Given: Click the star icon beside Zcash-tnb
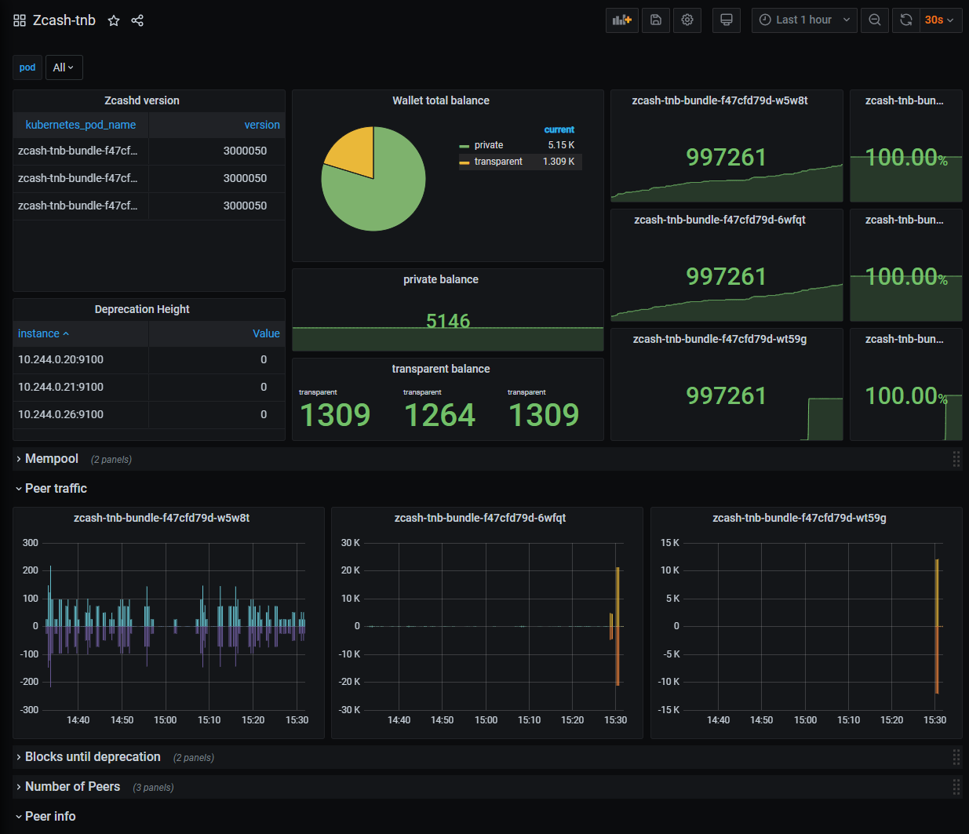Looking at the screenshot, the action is coord(114,20).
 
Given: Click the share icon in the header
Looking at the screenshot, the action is coord(137,20).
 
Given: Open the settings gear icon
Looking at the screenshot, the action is coord(687,20).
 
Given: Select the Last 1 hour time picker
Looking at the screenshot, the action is coord(804,20).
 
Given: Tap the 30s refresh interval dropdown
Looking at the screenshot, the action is coord(939,20).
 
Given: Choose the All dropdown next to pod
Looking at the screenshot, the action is coord(64,67).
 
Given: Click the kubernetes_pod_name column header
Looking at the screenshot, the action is coord(81,126).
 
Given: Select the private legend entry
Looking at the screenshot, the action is coord(489,145).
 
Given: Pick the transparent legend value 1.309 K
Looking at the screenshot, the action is coord(559,162).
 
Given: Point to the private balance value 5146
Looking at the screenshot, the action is coord(448,321).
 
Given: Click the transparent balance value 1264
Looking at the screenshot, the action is coord(439,415).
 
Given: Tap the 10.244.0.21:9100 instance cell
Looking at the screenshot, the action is coord(60,388).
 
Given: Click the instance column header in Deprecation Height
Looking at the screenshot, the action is coord(38,333).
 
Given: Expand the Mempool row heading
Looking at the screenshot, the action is coord(52,459).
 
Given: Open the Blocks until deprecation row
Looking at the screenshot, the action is coord(93,757).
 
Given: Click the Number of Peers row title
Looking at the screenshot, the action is coord(73,787).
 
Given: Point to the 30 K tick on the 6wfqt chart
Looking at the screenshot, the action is coord(350,543).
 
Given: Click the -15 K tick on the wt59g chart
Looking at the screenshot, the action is coord(668,710).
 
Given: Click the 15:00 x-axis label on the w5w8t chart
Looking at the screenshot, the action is coord(166,720).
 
